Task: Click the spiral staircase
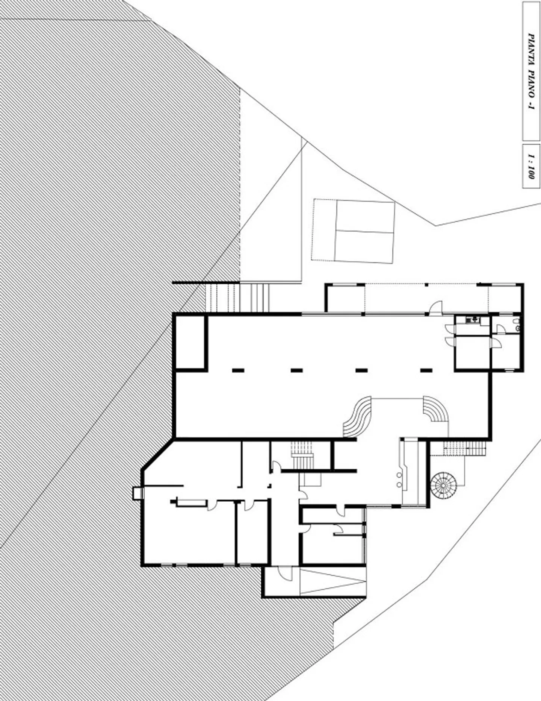pos(444,485)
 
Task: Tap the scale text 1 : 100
pos(531,166)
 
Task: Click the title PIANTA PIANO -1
pos(531,71)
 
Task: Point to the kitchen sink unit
pos(473,320)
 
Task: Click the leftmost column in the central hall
pos(238,370)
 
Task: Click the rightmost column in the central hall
pos(426,370)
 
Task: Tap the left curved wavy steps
pos(357,417)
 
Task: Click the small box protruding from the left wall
pos(138,493)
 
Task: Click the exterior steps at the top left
pos(237,298)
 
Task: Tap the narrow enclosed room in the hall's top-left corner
pos(190,341)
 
